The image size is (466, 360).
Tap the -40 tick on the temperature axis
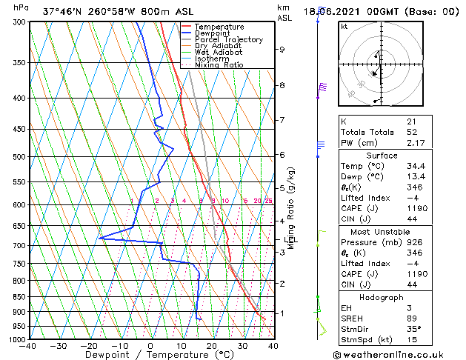point(28,346)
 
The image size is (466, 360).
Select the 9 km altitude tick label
point(282,50)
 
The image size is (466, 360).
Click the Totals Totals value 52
point(411,132)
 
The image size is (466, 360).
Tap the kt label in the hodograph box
point(344,26)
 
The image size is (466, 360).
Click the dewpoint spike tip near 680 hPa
point(99,238)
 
